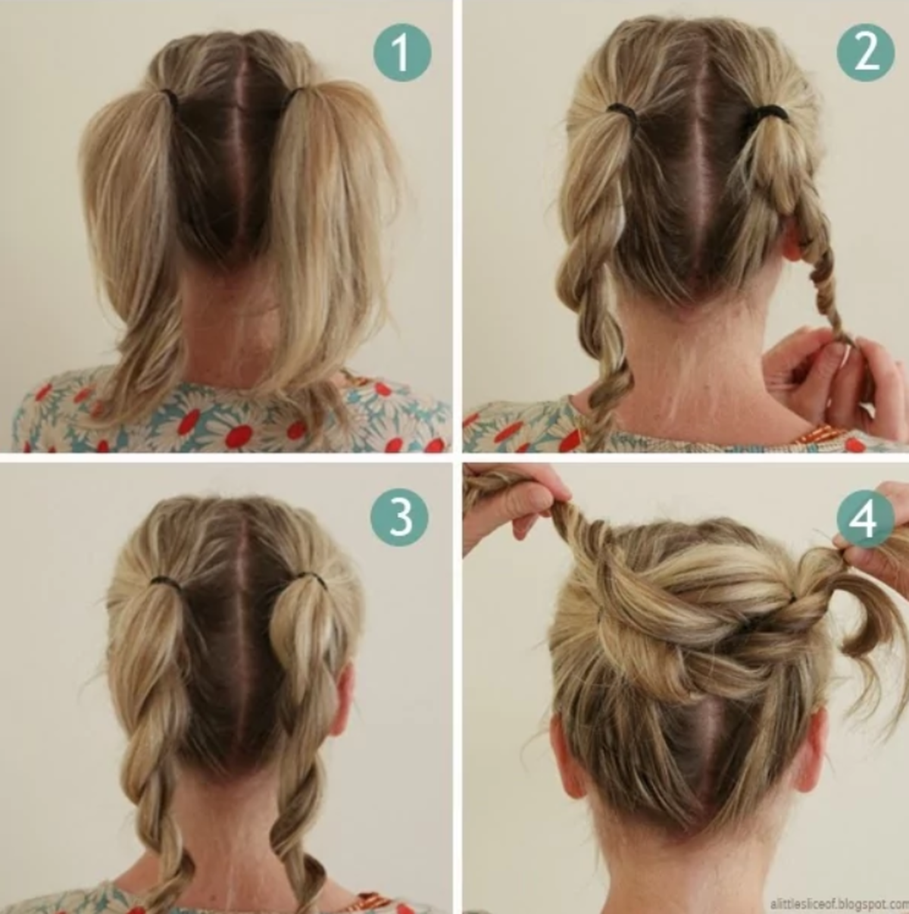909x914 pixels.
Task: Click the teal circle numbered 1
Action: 402,52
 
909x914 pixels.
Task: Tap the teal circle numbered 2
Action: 866,52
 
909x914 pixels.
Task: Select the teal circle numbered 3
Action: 399,517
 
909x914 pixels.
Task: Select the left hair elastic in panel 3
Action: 167,581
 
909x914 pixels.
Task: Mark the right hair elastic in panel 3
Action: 311,578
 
